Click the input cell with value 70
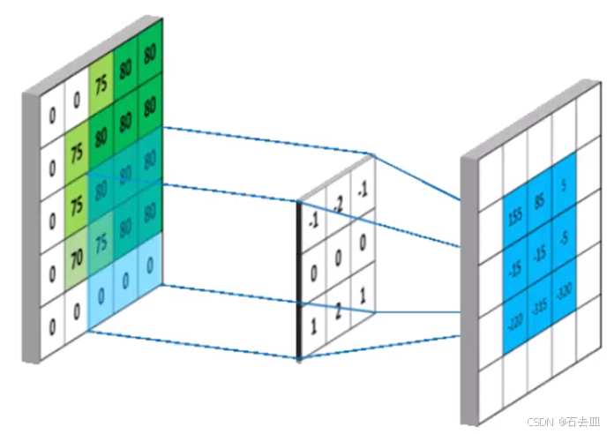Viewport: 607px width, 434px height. pyautogui.click(x=77, y=260)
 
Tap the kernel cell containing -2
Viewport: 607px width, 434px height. pyautogui.click(x=338, y=205)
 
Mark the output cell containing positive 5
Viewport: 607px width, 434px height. pyautogui.click(x=564, y=186)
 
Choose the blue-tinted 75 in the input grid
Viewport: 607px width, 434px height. pyautogui.click(x=101, y=244)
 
